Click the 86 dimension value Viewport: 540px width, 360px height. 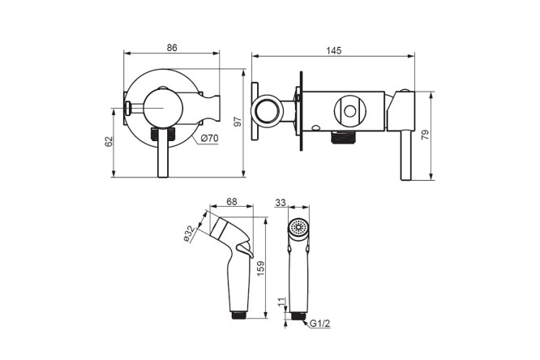click(x=172, y=48)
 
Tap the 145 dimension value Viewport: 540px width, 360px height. click(x=334, y=50)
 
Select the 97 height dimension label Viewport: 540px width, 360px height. click(x=238, y=122)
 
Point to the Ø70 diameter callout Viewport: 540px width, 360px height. click(x=209, y=139)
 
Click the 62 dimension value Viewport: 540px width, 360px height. click(x=109, y=142)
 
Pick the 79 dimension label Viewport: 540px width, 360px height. click(x=426, y=135)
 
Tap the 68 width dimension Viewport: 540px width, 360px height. click(x=232, y=202)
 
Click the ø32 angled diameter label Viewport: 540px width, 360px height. click(x=190, y=234)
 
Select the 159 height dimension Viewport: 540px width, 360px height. click(x=261, y=268)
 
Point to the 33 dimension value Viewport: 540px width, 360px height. click(x=281, y=203)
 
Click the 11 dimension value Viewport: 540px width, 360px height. click(x=282, y=302)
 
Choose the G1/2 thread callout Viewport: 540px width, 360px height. click(x=320, y=324)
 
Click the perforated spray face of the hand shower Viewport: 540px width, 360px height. click(x=298, y=227)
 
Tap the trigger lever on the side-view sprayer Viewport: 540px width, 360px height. click(x=246, y=250)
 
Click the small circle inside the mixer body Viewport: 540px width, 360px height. click(x=350, y=111)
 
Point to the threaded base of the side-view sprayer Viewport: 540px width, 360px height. click(x=238, y=315)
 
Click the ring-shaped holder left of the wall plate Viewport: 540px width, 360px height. click(x=267, y=111)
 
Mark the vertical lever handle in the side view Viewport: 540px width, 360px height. click(x=405, y=156)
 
